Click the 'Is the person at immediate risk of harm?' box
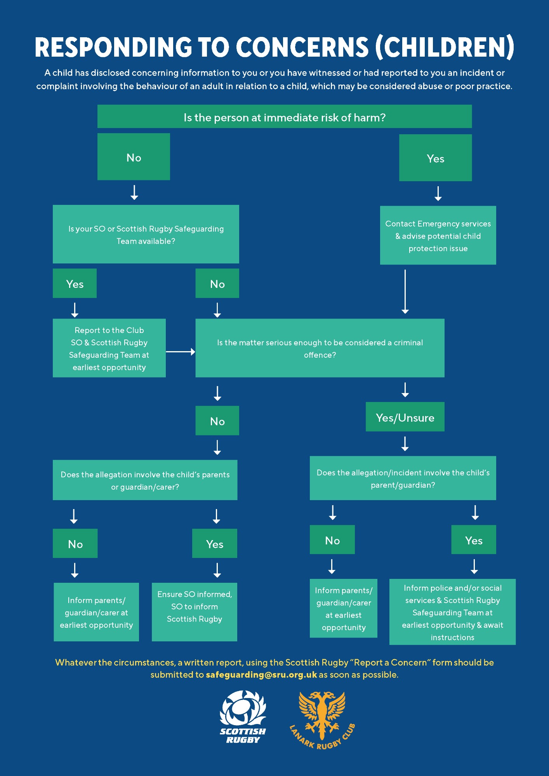coord(285,116)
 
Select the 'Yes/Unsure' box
coord(405,417)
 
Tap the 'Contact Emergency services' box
coord(438,236)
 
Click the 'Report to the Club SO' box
coord(109,348)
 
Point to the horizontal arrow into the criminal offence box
coord(181,352)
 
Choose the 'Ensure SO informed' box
coord(195,612)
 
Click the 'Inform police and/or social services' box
coord(452,612)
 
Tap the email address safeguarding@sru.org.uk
coord(261,675)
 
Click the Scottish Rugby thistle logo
coord(243,717)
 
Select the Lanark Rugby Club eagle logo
coord(322,720)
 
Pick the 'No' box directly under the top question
coord(134,157)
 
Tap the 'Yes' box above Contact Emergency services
coord(436,158)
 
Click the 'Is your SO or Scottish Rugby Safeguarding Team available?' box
coord(146,234)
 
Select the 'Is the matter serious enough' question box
coord(320,348)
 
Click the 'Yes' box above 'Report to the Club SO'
coord(75,283)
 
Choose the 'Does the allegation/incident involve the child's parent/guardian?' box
coord(403,478)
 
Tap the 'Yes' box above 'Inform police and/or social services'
coord(474,540)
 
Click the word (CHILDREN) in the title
coord(445,47)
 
